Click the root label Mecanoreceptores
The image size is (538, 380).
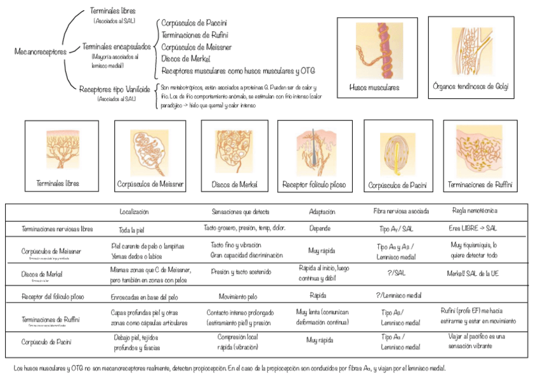click(x=40, y=51)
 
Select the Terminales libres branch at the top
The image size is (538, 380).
click(x=113, y=11)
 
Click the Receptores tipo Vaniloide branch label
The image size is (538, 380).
click(x=114, y=89)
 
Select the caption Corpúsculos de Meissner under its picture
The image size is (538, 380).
click(x=150, y=183)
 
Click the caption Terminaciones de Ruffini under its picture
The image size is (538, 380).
click(x=480, y=185)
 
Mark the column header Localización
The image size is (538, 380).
click(x=134, y=211)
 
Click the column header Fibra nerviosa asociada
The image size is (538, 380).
click(x=401, y=211)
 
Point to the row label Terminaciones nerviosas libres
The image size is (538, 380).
click(x=57, y=228)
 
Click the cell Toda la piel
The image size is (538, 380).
click(x=134, y=230)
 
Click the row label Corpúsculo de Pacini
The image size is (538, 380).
click(x=46, y=343)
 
